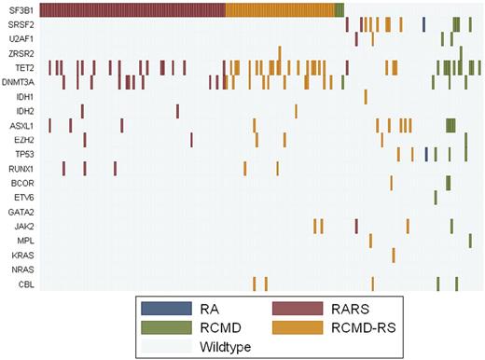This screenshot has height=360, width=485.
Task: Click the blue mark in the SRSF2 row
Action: [x=423, y=24]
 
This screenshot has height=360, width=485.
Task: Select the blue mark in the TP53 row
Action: [x=426, y=154]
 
